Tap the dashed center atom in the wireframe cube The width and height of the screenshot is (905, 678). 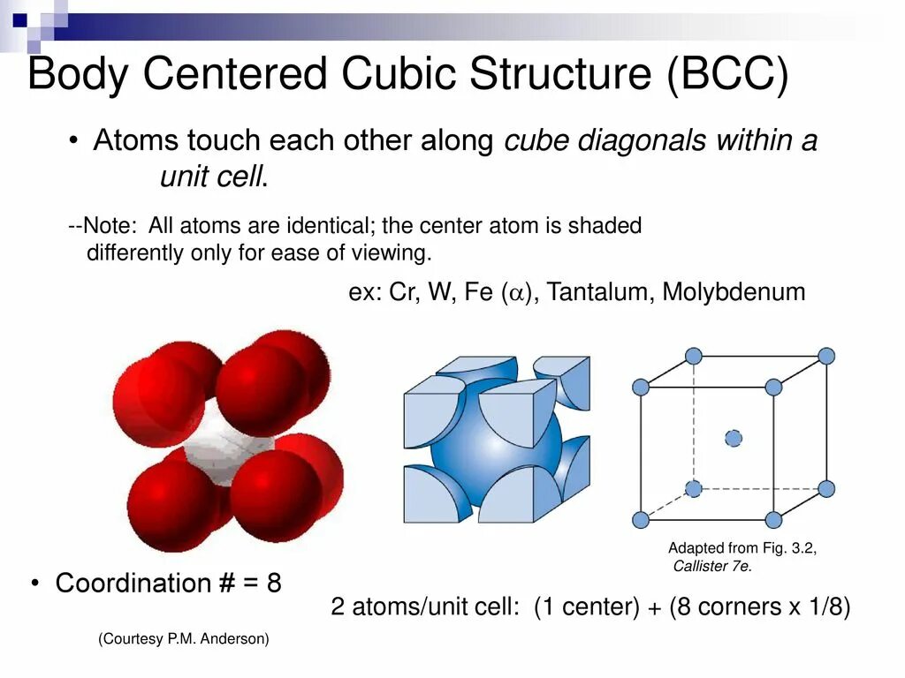[x=734, y=438]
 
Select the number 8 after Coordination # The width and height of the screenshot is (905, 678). [x=274, y=583]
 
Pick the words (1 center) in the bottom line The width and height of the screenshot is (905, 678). [x=586, y=608]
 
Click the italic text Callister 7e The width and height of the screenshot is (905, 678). [x=712, y=567]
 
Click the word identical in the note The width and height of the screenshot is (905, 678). [x=367, y=226]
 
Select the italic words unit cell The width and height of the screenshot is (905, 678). [x=212, y=177]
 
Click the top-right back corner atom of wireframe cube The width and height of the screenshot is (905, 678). [x=826, y=356]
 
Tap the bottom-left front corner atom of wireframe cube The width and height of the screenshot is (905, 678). [x=641, y=520]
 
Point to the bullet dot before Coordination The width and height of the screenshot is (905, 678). [x=34, y=583]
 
